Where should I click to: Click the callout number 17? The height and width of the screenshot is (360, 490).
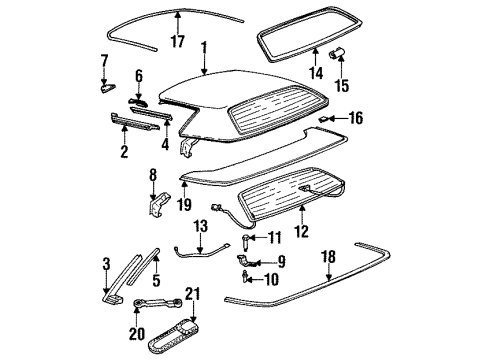tap(177, 43)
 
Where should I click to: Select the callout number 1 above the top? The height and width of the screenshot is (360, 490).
tap(203, 46)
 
